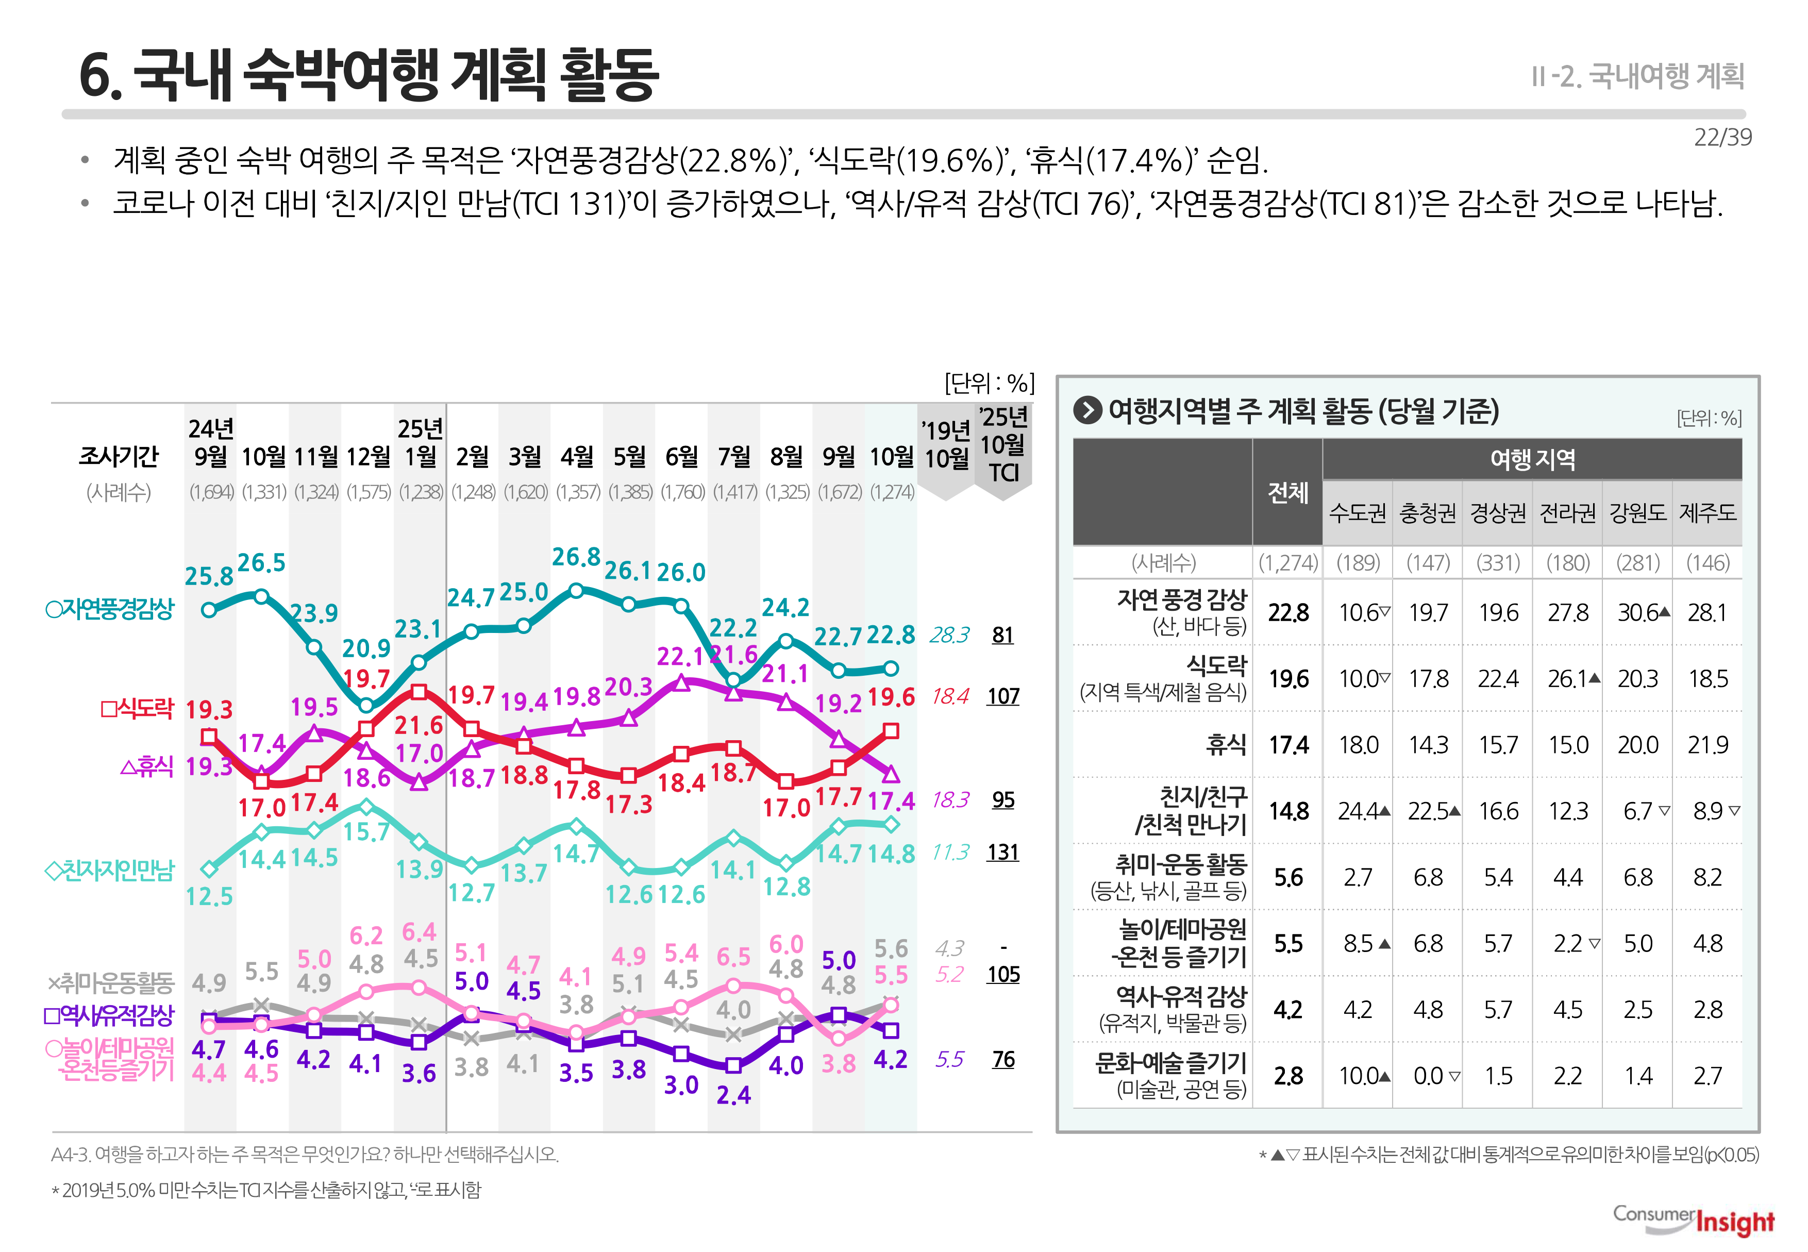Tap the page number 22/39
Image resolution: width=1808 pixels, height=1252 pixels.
tap(1722, 137)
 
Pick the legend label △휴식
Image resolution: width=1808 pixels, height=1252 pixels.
tap(147, 766)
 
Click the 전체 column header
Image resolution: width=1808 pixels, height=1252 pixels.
tap(1288, 493)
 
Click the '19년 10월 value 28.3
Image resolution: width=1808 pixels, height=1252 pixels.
tap(949, 635)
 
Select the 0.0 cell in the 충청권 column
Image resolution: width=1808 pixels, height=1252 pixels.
tap(1428, 1076)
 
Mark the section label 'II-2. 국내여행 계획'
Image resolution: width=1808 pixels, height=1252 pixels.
tap(1638, 76)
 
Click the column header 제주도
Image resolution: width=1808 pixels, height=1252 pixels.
tap(1707, 513)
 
